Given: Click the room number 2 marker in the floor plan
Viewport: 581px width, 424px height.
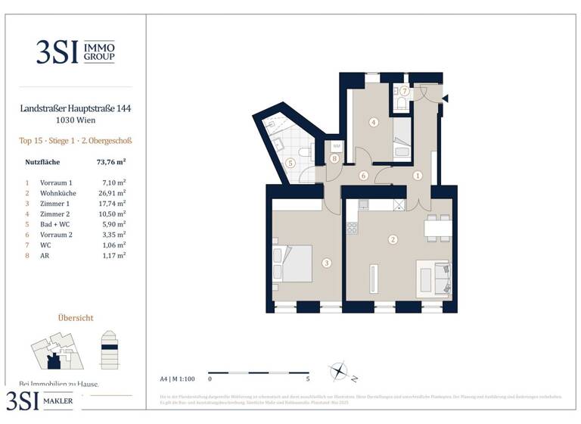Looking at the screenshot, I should (x=393, y=240).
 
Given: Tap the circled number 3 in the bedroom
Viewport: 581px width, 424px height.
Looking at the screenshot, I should (x=326, y=263).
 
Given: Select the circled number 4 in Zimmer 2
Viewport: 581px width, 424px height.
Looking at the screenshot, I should (x=374, y=122).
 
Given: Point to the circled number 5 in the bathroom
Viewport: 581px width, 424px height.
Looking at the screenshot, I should (x=290, y=162).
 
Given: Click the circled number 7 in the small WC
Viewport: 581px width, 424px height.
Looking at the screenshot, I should (x=405, y=92).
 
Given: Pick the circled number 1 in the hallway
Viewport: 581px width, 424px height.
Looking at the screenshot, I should (x=417, y=175).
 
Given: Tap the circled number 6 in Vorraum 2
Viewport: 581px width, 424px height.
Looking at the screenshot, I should (x=363, y=176).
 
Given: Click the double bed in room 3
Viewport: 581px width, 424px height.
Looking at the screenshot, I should (x=295, y=262).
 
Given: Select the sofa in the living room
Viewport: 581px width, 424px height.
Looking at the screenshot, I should (x=434, y=277).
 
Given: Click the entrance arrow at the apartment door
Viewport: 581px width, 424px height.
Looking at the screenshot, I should (x=446, y=98).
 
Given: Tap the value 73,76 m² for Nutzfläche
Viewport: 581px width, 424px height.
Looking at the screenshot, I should (x=111, y=161).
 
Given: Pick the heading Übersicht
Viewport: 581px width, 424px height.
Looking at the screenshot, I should (x=76, y=318).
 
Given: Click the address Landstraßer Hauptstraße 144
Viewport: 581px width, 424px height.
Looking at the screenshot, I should (x=76, y=109).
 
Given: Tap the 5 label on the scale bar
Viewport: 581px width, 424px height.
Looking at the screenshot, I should (x=308, y=377).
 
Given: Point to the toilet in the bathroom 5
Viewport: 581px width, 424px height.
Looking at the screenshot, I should (x=306, y=153).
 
